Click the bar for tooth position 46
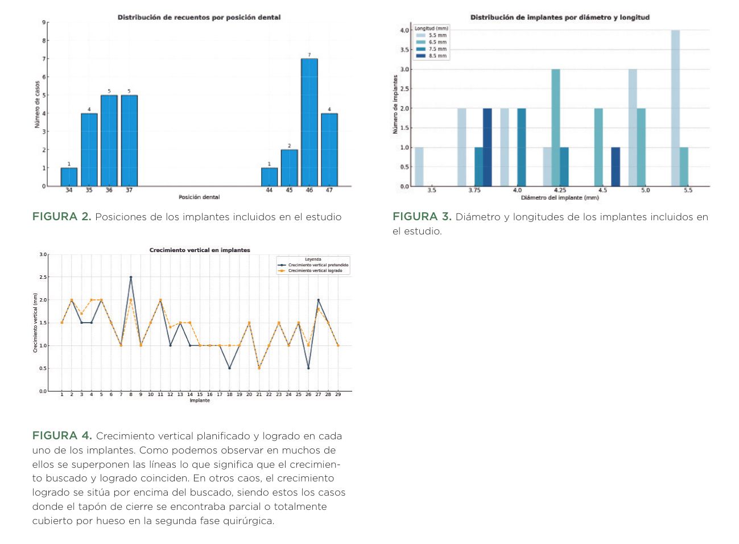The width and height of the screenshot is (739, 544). point(309,122)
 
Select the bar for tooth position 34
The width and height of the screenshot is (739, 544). point(69,177)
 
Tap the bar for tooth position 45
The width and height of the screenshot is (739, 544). point(289,168)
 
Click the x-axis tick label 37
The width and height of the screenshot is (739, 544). point(129,190)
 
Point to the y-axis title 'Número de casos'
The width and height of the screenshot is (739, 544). point(38,104)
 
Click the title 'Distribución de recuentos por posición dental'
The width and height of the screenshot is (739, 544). point(199,17)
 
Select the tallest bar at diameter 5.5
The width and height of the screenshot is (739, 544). point(675,108)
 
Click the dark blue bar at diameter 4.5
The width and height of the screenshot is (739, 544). point(616,167)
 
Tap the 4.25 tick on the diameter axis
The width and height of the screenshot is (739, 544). point(560,190)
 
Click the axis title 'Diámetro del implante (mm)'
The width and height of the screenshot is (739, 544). point(560,197)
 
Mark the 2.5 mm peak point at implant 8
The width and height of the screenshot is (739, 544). point(131,277)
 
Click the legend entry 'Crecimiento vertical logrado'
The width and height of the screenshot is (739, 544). point(315,271)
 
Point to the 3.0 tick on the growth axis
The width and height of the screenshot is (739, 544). point(43,254)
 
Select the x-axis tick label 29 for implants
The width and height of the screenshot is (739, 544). point(338,394)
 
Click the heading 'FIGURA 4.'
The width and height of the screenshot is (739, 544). point(62,436)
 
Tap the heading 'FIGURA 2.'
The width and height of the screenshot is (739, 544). point(61,217)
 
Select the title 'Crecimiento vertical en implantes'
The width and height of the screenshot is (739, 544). point(200,250)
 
